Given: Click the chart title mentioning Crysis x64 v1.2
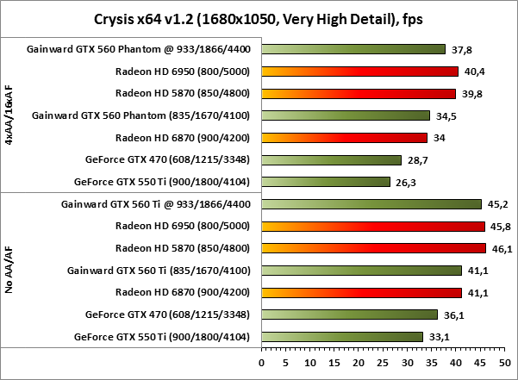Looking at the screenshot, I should [258, 18].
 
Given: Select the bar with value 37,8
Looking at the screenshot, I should [353, 49].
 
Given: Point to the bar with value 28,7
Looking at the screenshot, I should [331, 159].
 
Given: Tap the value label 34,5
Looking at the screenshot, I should [444, 115].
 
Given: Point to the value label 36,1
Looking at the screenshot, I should [454, 315].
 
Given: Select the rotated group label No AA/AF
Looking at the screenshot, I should [9, 271].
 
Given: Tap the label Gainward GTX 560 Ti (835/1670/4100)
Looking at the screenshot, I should [164, 271].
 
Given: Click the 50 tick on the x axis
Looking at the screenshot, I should [505, 363].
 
